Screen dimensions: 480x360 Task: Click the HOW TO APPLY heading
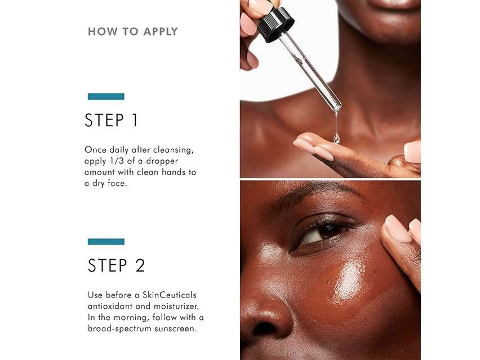tap(132, 32)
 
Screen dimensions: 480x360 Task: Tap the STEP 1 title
tap(111, 120)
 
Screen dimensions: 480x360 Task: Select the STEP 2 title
tap(116, 265)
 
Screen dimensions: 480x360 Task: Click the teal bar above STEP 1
tap(106, 96)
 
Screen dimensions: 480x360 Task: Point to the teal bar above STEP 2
tap(106, 242)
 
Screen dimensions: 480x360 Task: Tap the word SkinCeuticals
tap(170, 295)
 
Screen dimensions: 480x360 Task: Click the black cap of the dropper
tap(275, 24)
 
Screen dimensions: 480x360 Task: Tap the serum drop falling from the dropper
tap(337, 138)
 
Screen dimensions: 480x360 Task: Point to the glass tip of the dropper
tap(337, 107)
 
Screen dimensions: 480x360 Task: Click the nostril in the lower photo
tap(264, 329)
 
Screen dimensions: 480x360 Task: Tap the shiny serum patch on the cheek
tap(349, 278)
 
